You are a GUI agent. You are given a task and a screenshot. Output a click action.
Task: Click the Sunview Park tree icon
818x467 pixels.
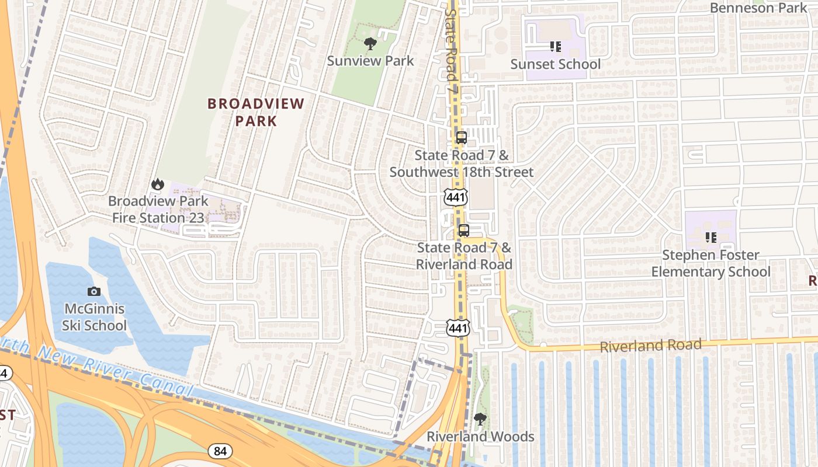369,43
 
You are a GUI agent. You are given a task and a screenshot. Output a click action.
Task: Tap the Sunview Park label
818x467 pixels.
370,61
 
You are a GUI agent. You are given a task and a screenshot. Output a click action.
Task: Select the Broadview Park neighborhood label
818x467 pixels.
256,112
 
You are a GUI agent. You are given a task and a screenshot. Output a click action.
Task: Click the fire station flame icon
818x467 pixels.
157,184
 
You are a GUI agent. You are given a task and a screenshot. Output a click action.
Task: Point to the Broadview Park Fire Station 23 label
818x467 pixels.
158,209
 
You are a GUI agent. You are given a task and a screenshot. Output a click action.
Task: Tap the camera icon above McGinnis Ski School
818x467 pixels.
93,291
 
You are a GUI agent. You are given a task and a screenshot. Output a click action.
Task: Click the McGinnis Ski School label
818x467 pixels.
94,317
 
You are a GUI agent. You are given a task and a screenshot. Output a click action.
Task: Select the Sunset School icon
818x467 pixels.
555,46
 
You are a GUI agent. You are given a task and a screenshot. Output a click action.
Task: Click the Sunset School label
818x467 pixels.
555,64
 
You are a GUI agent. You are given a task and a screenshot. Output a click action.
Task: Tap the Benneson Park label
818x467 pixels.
758,8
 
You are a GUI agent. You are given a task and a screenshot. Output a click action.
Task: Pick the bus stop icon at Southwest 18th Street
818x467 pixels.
461,138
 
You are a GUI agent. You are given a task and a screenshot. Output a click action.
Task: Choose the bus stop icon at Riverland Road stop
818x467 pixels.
463,230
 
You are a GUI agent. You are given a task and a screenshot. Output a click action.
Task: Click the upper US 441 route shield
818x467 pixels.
455,197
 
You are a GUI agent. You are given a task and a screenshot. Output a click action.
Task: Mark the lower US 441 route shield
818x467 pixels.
458,328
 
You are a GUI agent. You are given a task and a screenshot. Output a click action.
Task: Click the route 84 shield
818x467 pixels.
220,451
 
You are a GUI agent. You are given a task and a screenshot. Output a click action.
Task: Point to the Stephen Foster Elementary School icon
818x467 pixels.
710,238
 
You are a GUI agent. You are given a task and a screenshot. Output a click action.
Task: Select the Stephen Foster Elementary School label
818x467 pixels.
710,263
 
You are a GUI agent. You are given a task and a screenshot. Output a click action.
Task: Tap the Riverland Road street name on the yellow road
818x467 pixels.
650,346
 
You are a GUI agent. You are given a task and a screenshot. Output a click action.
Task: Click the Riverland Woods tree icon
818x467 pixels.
480,419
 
